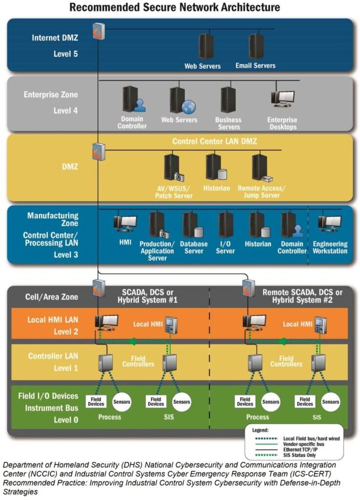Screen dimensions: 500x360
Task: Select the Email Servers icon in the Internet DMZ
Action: pyautogui.click(x=256, y=46)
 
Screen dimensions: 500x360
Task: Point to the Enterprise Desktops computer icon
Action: pyautogui.click(x=282, y=99)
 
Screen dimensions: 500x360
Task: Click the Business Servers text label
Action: pyautogui.click(x=228, y=123)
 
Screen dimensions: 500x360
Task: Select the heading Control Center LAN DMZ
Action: pyautogui.click(x=214, y=142)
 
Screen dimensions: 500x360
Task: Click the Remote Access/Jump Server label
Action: pyautogui.click(x=261, y=191)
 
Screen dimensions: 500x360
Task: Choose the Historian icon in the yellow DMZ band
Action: pyautogui.click(x=215, y=167)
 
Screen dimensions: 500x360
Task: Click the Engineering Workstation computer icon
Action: pyautogui.click(x=330, y=224)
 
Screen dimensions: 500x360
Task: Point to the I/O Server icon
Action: pyautogui.click(x=226, y=225)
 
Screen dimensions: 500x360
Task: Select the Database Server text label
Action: pyautogui.click(x=194, y=248)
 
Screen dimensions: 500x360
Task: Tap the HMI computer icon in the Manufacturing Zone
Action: pyautogui.click(x=125, y=223)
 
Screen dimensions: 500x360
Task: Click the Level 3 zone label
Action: pyautogui.click(x=65, y=254)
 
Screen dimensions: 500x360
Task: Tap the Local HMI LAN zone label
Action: pyautogui.click(x=53, y=320)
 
